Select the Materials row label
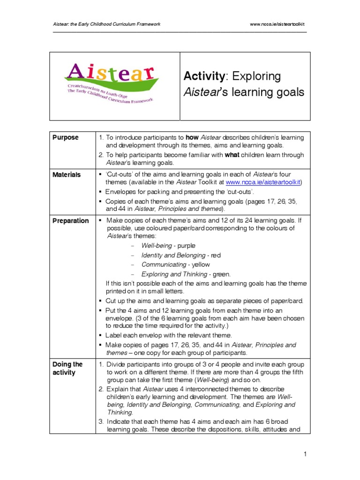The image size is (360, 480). click(x=67, y=174)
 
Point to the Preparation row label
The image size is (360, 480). click(x=70, y=221)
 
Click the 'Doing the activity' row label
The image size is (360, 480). click(x=67, y=368)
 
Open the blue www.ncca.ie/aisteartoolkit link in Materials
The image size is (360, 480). click(x=264, y=182)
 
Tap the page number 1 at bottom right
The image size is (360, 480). click(x=305, y=454)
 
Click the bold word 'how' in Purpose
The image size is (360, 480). click(x=192, y=137)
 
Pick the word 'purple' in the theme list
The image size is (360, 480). click(x=187, y=246)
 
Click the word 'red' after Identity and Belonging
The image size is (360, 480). click(x=216, y=255)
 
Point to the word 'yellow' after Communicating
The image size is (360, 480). click(x=201, y=264)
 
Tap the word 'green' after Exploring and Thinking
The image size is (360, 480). click(x=221, y=274)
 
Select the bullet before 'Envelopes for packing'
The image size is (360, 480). click(x=101, y=192)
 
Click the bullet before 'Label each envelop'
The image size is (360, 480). click(x=101, y=335)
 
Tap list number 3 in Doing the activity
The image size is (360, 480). click(x=101, y=421)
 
